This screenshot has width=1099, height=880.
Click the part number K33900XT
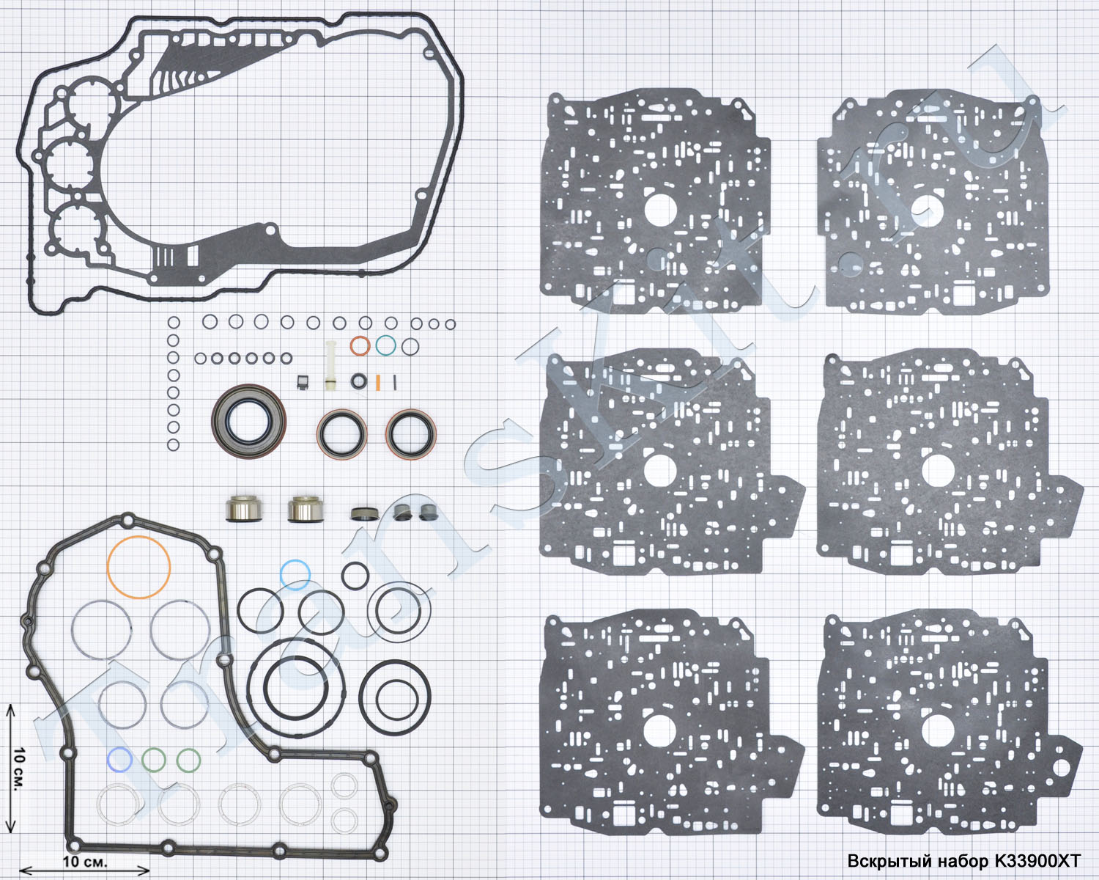1037,861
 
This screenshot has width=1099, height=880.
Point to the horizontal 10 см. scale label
85,862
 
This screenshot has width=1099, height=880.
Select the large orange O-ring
138,567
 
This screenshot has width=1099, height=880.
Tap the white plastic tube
330,366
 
